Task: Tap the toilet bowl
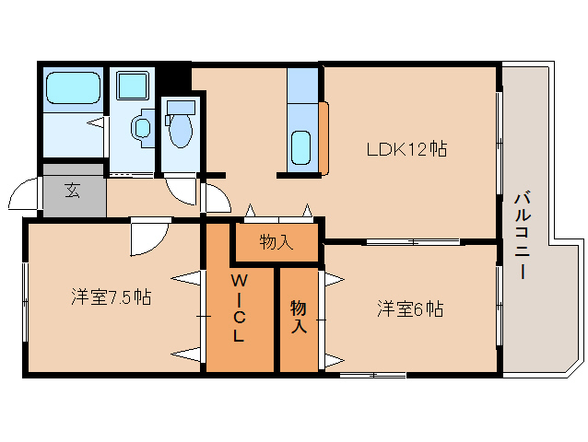[180, 130]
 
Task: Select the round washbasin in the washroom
[143, 128]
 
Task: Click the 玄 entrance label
[72, 192]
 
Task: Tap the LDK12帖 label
[406, 148]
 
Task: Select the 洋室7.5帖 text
[112, 297]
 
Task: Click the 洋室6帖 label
[409, 309]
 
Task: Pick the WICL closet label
[238, 308]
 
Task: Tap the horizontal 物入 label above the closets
[276, 243]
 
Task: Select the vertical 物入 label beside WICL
[299, 316]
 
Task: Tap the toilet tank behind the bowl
[180, 107]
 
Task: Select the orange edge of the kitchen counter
[324, 138]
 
